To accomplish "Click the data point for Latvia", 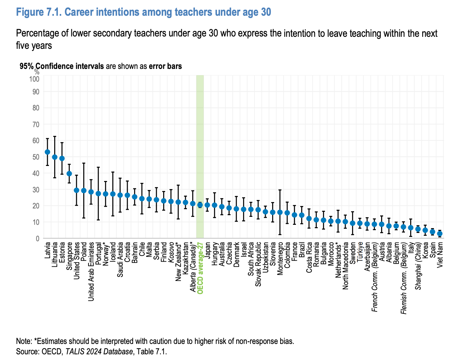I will [47, 152].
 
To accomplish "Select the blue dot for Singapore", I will [69, 174].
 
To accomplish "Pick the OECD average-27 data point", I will [200, 205].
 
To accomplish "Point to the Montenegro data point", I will [280, 212].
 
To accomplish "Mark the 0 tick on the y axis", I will [37, 239].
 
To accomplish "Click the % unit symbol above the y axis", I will [37, 72].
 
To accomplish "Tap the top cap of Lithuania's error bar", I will [54, 136].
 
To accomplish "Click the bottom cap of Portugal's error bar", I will [98, 220].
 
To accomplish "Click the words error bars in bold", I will [165, 66].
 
